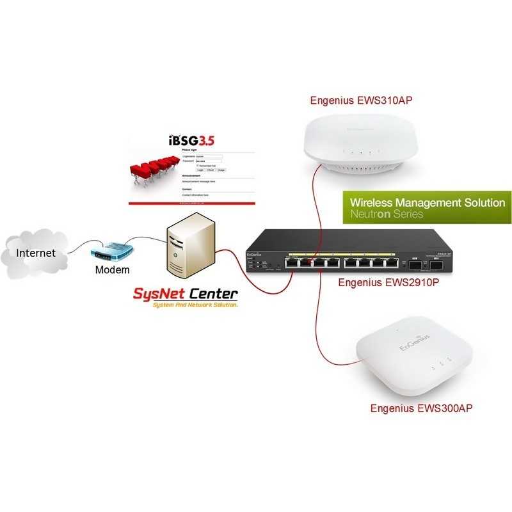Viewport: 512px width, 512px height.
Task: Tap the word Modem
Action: pyautogui.click(x=112, y=269)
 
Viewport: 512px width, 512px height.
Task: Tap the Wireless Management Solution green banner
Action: pyautogui.click(x=427, y=207)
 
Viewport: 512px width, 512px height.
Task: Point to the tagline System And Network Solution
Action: pyautogui.click(x=195, y=306)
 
